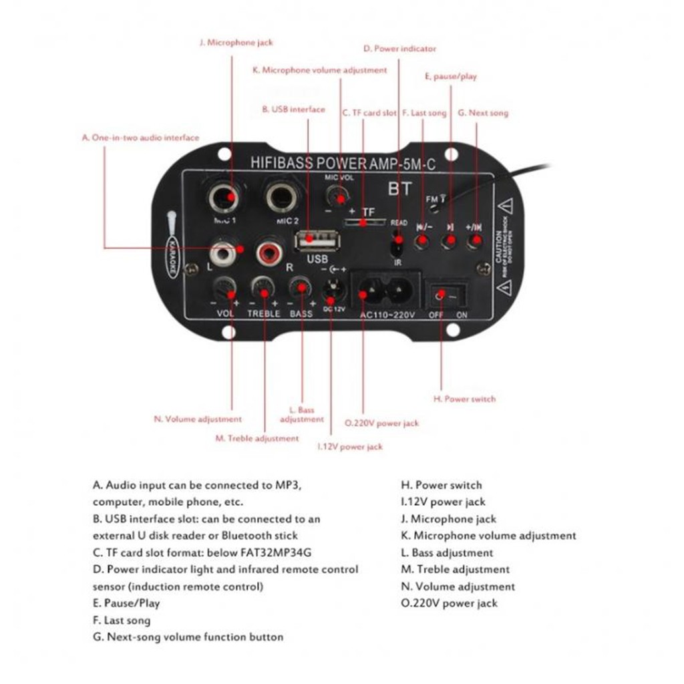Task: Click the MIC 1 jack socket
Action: coord(224,198)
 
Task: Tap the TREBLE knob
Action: coord(263,289)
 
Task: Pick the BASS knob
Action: coord(300,288)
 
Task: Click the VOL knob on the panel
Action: coord(224,290)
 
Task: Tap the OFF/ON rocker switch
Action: coord(447,294)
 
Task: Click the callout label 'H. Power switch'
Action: coord(465,399)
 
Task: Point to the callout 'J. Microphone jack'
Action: coord(236,42)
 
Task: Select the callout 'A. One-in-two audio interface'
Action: coord(140,138)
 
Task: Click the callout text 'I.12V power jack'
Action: coord(350,447)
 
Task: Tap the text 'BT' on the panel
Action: coord(400,190)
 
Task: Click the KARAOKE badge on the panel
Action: coord(172,256)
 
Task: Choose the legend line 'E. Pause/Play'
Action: coord(127,603)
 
